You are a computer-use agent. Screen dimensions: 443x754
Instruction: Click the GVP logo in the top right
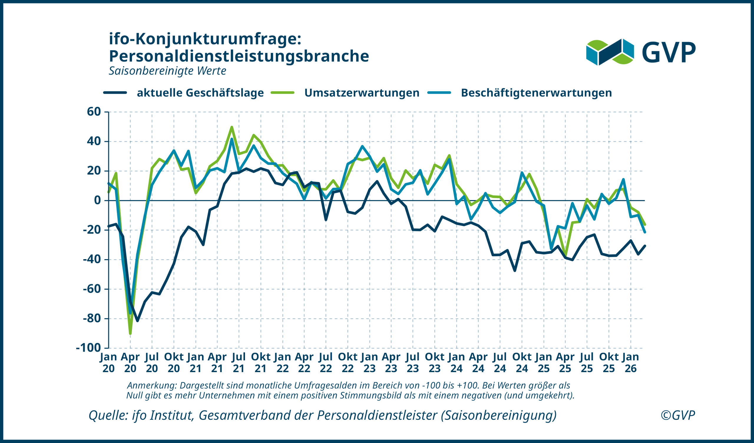pos(641,52)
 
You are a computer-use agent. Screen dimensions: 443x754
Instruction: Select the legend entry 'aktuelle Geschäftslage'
pos(200,93)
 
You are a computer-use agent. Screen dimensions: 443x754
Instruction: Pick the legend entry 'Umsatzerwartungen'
pos(361,93)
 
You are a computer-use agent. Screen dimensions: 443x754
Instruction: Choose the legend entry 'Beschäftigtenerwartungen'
pos(536,93)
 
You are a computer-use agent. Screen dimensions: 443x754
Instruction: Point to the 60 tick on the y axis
pos(94,112)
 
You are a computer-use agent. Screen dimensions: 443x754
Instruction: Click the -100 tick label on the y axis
pos(89,348)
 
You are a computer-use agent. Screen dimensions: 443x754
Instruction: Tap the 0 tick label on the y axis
pos(97,200)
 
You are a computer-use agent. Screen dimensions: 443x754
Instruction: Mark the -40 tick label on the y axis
pos(92,259)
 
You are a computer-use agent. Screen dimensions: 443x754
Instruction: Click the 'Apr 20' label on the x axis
pos(130,362)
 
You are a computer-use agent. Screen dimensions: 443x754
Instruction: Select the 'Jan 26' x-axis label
pos(630,362)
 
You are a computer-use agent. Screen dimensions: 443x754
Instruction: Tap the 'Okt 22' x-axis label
pos(348,362)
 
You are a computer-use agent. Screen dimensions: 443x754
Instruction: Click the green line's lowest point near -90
pos(130,333)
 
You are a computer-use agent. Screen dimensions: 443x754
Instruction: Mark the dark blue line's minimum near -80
pos(137,321)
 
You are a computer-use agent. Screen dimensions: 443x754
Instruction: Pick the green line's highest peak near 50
pos(232,127)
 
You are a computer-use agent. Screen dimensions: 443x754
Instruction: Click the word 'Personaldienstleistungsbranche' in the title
pos(239,56)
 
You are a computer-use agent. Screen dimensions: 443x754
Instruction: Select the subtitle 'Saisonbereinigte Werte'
pos(167,71)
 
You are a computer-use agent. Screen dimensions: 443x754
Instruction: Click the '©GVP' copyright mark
pos(678,415)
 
